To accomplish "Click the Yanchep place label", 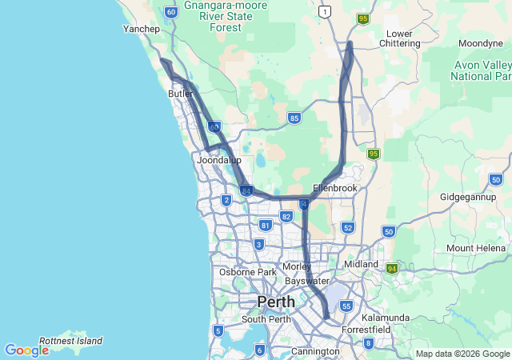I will (x=142, y=29).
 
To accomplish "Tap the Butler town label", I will (x=180, y=94).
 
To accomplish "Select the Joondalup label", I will (x=218, y=160).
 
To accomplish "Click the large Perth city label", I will (x=275, y=302).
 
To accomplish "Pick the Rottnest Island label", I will (x=71, y=341).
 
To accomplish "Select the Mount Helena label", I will (x=477, y=248).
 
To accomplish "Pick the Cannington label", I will (x=316, y=351).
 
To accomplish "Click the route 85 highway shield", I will (x=294, y=118).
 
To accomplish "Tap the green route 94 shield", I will (x=392, y=269).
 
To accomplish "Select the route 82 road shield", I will (x=286, y=217).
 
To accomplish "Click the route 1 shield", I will (x=324, y=11).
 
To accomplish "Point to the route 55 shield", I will (x=346, y=306).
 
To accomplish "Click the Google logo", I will (x=26, y=350).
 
